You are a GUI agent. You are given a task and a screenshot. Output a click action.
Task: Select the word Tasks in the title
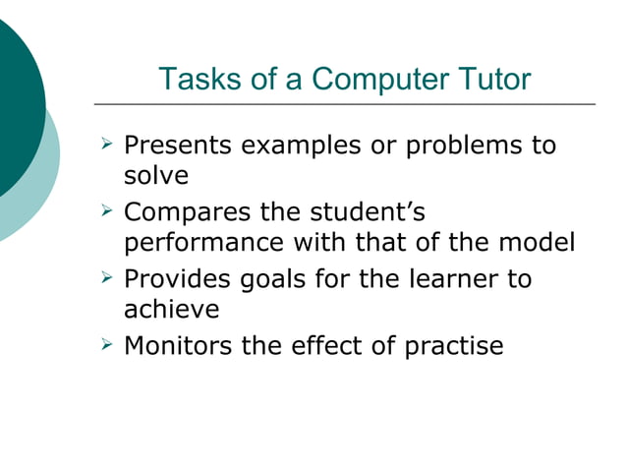[x=193, y=79]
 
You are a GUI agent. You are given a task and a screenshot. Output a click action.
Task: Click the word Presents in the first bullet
[x=178, y=147]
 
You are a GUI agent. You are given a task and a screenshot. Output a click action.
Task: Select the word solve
[x=155, y=175]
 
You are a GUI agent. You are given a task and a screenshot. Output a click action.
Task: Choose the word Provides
[x=178, y=278]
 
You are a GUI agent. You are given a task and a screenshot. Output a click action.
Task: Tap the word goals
[x=275, y=278]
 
